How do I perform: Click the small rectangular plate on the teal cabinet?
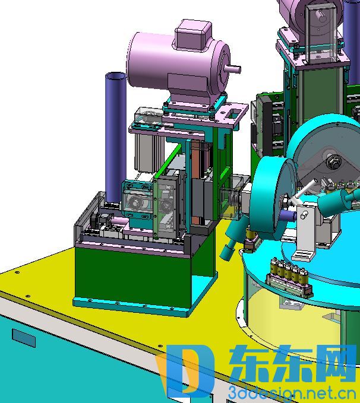pyautogui.click(x=24, y=338)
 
